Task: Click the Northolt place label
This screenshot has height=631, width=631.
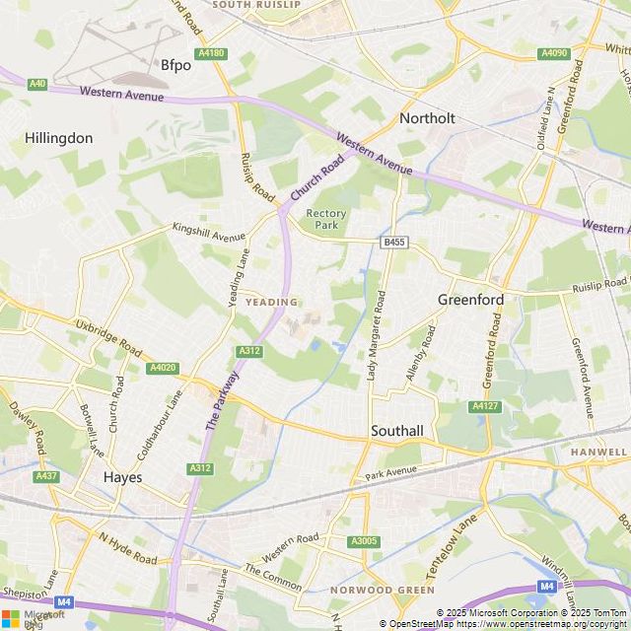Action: click(x=427, y=118)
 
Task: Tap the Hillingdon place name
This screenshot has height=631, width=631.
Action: click(x=59, y=138)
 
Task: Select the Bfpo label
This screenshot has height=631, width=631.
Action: click(x=175, y=66)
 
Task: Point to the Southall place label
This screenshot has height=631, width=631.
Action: click(x=397, y=431)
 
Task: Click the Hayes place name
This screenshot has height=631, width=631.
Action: click(x=122, y=477)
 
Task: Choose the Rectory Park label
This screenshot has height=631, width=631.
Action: click(x=326, y=219)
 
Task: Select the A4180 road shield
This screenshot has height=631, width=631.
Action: click(x=211, y=53)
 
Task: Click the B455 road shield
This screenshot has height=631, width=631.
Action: click(x=394, y=242)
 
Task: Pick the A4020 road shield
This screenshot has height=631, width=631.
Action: click(x=163, y=368)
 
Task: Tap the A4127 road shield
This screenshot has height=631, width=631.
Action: click(x=484, y=406)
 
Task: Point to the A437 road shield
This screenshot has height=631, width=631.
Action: click(x=46, y=476)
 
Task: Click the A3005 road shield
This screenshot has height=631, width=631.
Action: click(x=363, y=541)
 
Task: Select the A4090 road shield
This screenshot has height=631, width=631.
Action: click(x=555, y=53)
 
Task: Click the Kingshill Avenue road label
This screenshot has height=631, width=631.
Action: click(x=208, y=232)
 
